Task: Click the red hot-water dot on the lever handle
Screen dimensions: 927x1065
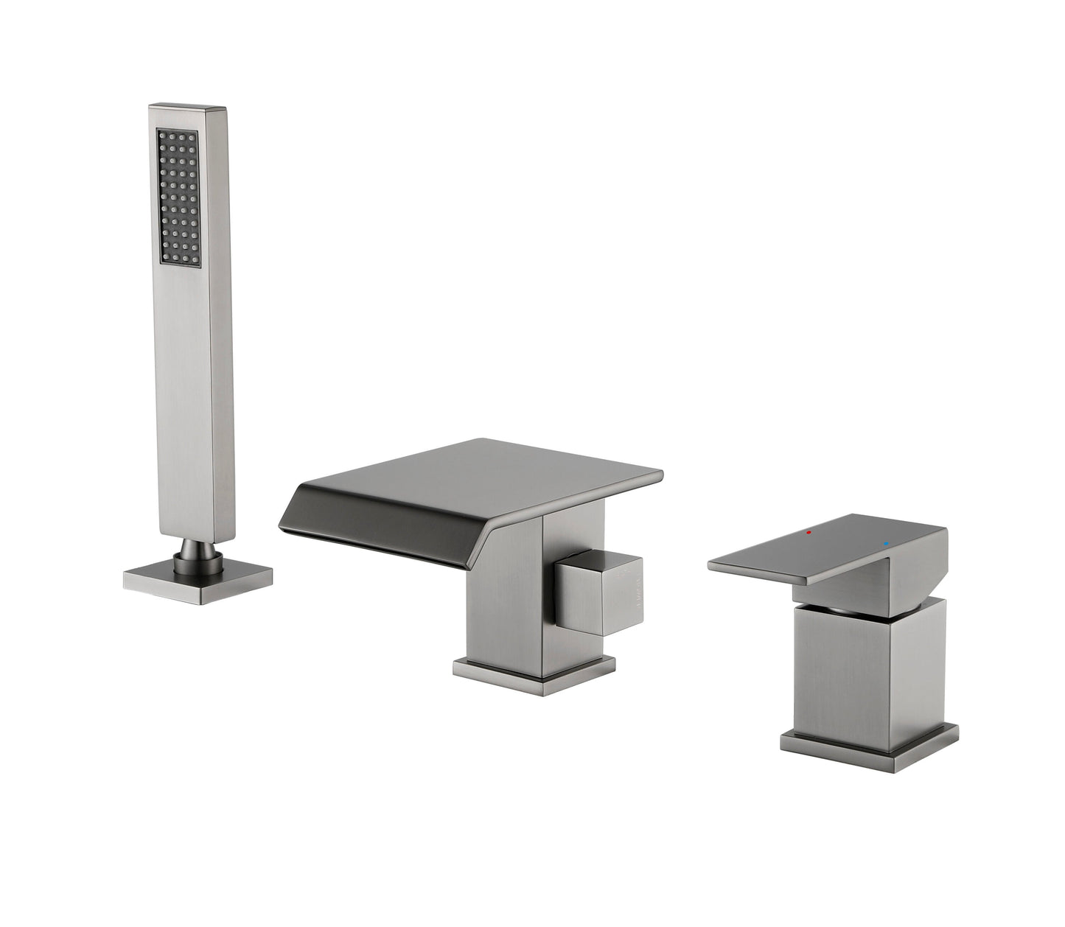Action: pyautogui.click(x=809, y=531)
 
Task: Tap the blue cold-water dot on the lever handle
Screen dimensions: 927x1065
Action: pyautogui.click(x=886, y=546)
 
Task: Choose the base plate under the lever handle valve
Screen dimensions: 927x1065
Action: pyautogui.click(x=870, y=740)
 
